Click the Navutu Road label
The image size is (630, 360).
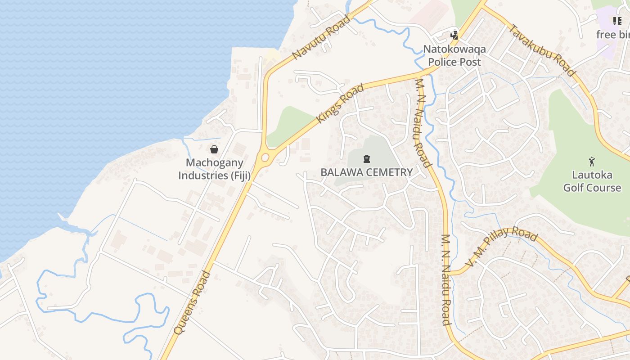pos(321,37)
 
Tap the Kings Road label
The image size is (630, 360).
pos(340,103)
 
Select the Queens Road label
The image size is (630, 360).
pos(192,302)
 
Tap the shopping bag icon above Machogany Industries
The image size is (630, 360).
pos(214,149)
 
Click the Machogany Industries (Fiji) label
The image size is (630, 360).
pos(215,169)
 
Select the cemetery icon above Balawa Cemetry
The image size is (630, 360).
pos(367,158)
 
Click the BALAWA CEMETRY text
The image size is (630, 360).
pos(366,172)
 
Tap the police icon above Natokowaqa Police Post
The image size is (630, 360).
pos(454,35)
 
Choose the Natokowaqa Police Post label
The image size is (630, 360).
pos(454,55)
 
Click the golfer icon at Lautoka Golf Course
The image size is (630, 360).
pos(592,162)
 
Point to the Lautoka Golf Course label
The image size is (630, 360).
pos(592,181)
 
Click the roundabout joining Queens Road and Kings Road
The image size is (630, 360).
pos(265,157)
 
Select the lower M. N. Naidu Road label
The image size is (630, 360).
pos(445,279)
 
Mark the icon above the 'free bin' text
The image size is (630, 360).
pos(617,21)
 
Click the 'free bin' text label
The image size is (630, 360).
pos(612,35)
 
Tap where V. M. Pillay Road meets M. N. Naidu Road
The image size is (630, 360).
pos(450,273)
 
